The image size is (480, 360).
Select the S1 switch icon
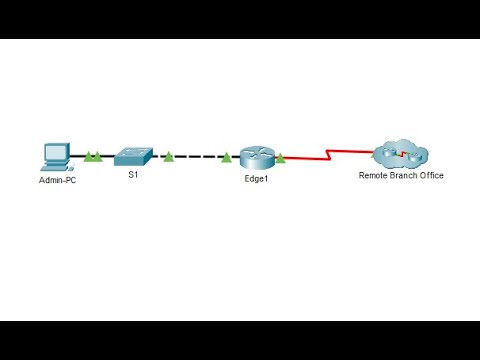pos(132,155)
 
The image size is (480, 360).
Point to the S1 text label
pos(132,176)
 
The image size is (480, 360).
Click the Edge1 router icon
pos(255,156)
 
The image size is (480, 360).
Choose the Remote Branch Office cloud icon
pos(400,154)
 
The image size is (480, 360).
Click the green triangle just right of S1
pos(168,156)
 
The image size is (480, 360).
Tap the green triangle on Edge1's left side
pos(227,156)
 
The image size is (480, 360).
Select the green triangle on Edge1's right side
pos(280,156)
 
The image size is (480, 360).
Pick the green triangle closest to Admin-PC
pos(87,156)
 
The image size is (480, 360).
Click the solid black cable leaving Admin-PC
pos(76,157)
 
